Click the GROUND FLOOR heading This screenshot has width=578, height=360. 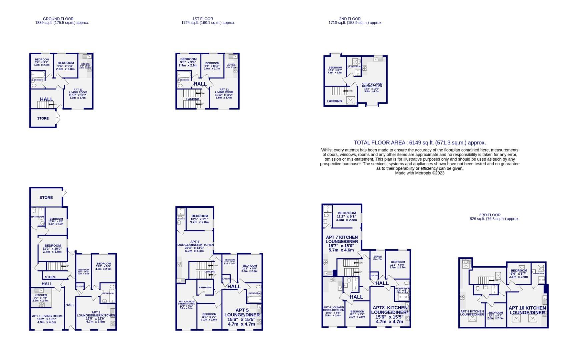click(58, 19)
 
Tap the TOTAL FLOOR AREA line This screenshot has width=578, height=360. click(420, 143)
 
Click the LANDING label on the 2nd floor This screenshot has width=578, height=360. click(334, 101)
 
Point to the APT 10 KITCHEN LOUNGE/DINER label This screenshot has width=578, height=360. click(527, 310)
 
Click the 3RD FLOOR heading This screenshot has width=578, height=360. click(490, 215)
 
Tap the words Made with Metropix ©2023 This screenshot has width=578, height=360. click(420, 173)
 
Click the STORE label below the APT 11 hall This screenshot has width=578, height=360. click(43, 118)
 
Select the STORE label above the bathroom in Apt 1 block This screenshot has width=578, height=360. click(46, 197)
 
